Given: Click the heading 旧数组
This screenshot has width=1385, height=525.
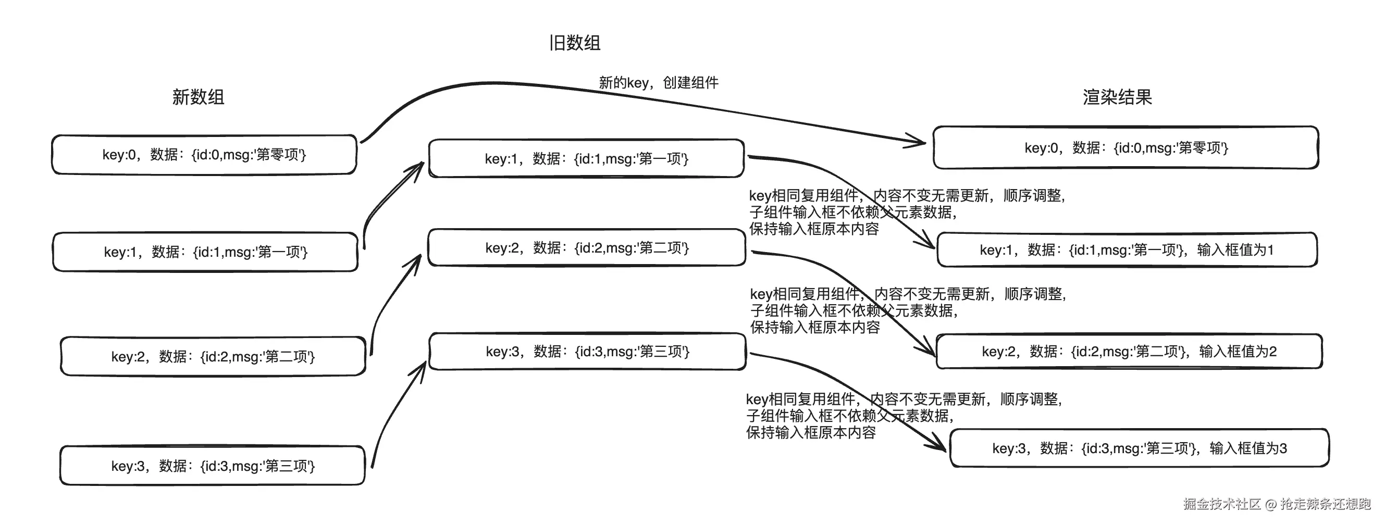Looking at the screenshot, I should tap(574, 43).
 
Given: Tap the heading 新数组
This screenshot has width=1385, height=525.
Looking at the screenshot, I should tap(198, 97).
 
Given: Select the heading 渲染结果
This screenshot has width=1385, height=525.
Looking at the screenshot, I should tap(1117, 97).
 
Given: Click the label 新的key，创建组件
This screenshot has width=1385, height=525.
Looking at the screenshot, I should tap(658, 83).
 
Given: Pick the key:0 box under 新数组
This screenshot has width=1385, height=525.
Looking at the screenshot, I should tap(204, 155).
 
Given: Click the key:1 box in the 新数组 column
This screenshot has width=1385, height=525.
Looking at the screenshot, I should tap(205, 252).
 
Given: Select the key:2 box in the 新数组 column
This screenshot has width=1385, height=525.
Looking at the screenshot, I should tap(213, 356).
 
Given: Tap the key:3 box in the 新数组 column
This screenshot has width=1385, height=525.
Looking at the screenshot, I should tap(213, 465).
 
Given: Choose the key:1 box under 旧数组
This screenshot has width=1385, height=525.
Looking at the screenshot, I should tap(586, 158).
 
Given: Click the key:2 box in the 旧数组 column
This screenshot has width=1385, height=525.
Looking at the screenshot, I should tap(587, 248).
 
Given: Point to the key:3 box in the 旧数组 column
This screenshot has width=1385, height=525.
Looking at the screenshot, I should tap(587, 352).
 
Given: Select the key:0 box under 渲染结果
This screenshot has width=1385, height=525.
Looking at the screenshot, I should tap(1126, 148).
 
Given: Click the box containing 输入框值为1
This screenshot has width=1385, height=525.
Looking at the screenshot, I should tap(1127, 250).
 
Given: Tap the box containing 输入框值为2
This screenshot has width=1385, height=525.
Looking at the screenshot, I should tap(1129, 352).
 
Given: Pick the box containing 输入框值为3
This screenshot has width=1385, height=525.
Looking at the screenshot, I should tap(1139, 448).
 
